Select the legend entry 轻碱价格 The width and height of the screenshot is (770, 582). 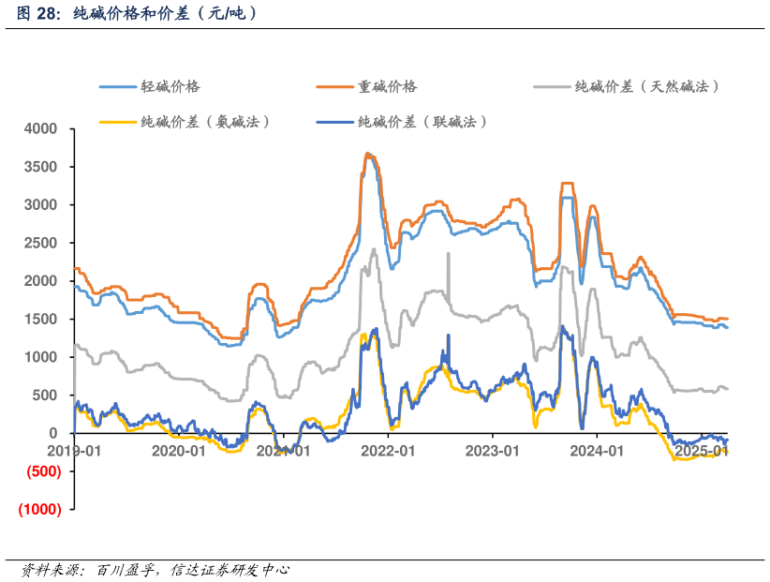[170, 86]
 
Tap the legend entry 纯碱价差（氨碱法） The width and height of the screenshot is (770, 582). [205, 122]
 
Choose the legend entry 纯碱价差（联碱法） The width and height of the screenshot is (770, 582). [422, 122]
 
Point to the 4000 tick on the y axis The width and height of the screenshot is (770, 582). [40, 128]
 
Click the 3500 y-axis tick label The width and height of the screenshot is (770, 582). [40, 167]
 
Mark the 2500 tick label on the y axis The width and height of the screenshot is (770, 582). [40, 243]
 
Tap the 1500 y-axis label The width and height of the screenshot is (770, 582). [40, 319]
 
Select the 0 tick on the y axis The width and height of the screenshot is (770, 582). [53, 433]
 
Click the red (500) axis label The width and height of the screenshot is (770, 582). [39, 471]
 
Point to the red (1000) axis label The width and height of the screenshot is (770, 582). [39, 509]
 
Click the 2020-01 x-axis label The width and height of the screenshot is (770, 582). [178, 451]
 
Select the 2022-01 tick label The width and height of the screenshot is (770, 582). [388, 451]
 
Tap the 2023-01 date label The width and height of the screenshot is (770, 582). [493, 451]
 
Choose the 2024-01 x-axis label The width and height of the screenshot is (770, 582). [598, 451]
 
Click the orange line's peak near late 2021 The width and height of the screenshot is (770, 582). [368, 154]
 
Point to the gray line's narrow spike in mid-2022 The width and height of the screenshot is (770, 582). [449, 254]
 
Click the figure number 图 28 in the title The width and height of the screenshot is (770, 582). [37, 14]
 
